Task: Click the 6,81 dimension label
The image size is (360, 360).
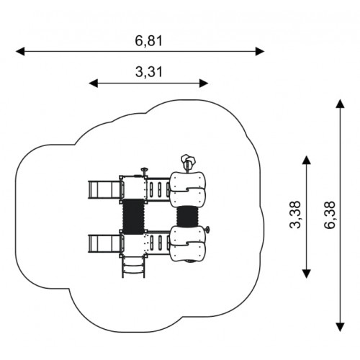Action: pyautogui.click(x=149, y=41)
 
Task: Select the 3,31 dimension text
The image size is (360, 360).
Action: pyautogui.click(x=149, y=72)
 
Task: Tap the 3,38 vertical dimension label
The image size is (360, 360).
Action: pyautogui.click(x=295, y=215)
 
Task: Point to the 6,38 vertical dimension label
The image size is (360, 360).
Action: pyautogui.click(x=329, y=215)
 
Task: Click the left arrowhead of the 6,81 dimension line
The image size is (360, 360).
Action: pyautogui.click(x=20, y=51)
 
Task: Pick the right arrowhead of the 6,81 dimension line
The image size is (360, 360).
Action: pyautogui.click(x=260, y=51)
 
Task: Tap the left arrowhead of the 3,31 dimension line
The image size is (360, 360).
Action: pyautogui.click(x=94, y=84)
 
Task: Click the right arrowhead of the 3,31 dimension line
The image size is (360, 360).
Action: pyautogui.click(x=204, y=84)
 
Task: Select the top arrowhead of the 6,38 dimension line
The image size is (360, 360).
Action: pyautogui.click(x=340, y=104)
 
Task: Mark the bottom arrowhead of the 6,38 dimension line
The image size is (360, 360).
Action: pyautogui.click(x=340, y=328)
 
